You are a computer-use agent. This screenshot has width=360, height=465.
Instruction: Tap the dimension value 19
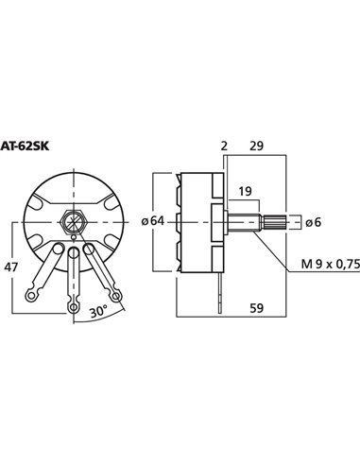click(245, 190)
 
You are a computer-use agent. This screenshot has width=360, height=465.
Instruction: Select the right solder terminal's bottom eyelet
click(111, 286)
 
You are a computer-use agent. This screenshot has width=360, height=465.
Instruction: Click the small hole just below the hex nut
click(72, 249)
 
